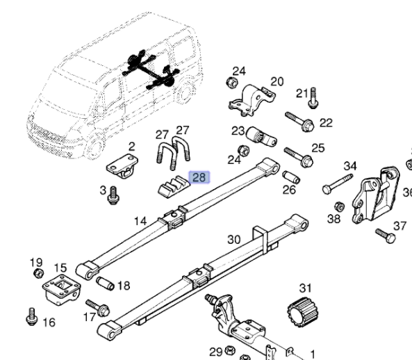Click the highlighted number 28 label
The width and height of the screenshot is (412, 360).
199,178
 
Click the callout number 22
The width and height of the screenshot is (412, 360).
326,123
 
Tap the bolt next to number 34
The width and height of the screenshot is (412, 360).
338,185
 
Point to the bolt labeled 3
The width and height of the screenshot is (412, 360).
111,198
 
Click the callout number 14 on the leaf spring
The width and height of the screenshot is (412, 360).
140,221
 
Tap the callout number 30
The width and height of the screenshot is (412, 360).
234,240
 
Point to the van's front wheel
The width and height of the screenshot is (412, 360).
95,145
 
